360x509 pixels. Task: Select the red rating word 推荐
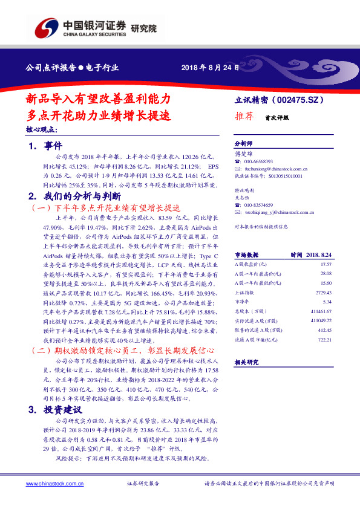[x=243, y=118]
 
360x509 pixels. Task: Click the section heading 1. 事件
[x=45, y=146]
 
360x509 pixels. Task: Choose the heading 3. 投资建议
[x=58, y=409]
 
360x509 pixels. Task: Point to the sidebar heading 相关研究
[x=247, y=361]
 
